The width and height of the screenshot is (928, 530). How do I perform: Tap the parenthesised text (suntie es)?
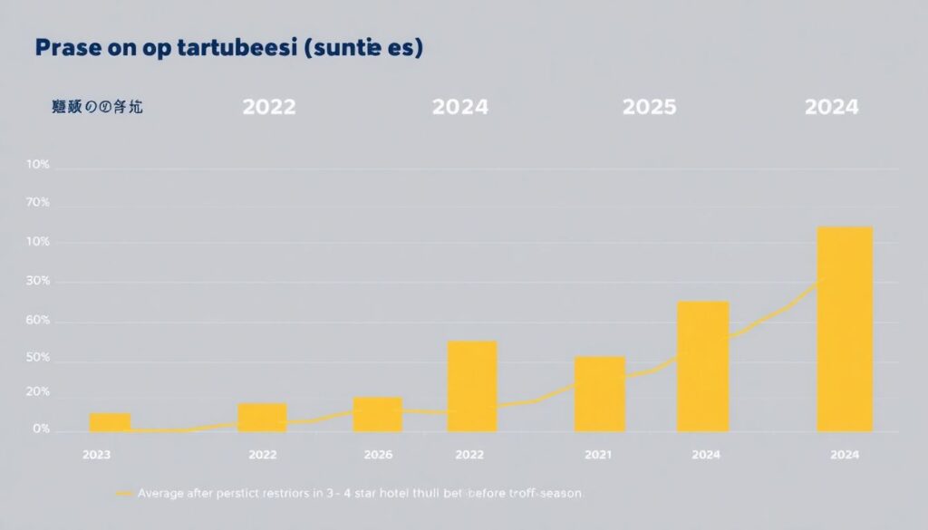point(368,50)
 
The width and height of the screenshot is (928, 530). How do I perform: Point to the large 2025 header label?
point(650,107)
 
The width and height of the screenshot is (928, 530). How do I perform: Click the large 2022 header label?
point(269,107)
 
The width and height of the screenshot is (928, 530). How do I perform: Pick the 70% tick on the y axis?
point(39,204)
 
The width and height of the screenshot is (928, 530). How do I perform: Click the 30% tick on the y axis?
point(39,282)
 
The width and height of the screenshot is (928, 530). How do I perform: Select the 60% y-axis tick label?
point(39,322)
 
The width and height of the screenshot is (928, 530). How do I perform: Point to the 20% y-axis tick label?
point(39,392)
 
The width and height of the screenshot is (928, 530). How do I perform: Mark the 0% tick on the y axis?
point(41,429)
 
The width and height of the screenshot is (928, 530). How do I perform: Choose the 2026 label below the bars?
point(378,455)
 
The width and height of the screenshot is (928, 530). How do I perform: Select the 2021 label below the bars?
point(599,455)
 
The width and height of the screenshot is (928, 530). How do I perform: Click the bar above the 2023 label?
point(111,421)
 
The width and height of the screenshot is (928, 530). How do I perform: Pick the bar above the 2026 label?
point(378,414)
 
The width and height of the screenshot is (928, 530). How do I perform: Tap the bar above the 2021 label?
point(599,394)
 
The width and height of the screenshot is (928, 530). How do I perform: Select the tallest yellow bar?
point(845,329)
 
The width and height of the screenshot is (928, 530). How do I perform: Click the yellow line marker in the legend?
point(125,494)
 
